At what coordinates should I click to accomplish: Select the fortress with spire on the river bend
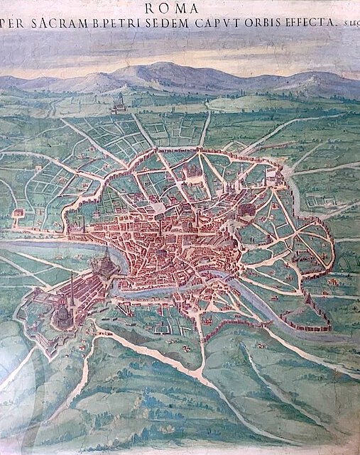[107, 266]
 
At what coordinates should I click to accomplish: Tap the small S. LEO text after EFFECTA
[347, 23]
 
